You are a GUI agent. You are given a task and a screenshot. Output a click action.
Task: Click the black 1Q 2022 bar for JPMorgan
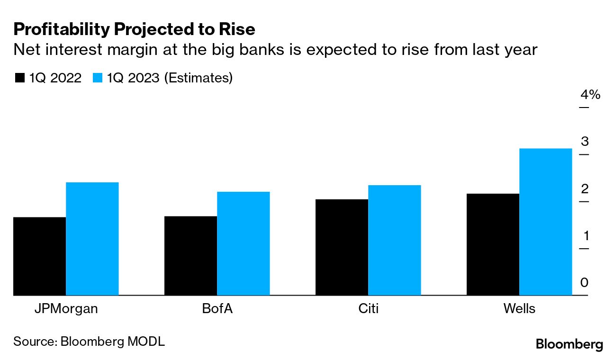tap(39, 256)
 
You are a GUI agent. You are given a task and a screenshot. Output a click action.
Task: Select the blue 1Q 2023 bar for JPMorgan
tap(92, 239)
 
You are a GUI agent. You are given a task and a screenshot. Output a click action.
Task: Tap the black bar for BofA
tap(190, 256)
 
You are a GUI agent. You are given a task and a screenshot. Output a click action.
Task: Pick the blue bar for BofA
tap(243, 243)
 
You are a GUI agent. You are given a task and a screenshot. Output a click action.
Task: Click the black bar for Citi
tap(342, 247)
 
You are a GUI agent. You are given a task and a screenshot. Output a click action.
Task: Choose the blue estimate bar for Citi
tap(394, 240)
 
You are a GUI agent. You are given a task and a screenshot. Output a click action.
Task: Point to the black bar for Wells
tap(493, 244)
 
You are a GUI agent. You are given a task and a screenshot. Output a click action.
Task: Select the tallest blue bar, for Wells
tap(545, 222)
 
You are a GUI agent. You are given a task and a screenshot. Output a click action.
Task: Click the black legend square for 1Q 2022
tap(19, 78)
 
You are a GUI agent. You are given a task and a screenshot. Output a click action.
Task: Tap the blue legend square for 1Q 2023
tap(98, 78)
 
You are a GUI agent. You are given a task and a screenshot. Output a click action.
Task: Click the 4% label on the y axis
tap(590, 95)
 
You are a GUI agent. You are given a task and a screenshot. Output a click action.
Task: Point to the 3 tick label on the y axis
tap(585, 142)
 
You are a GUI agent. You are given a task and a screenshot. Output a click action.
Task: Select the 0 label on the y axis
tap(585, 283)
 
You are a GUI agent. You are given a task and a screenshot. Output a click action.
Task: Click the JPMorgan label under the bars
tap(66, 309)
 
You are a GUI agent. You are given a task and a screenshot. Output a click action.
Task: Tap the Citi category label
tap(368, 309)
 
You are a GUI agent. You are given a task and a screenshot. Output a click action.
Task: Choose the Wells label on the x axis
tap(519, 309)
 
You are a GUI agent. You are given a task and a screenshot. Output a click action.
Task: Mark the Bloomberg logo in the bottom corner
tap(569, 344)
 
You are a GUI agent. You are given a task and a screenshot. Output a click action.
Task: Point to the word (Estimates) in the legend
tap(198, 78)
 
